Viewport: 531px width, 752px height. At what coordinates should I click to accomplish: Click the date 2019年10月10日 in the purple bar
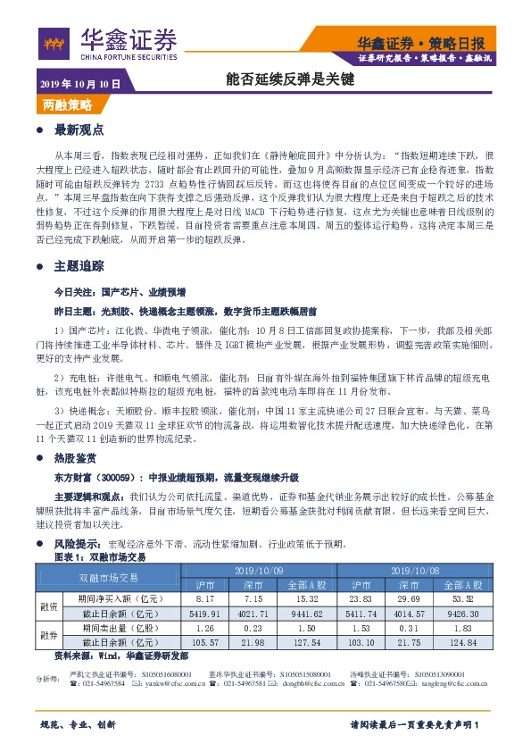[79, 84]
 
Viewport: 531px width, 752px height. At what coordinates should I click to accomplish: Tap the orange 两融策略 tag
[67, 105]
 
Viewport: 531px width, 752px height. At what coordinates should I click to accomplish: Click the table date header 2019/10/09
[259, 570]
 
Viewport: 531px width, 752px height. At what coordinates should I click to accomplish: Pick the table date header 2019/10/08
[413, 570]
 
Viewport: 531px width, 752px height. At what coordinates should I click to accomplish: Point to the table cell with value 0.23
[253, 629]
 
